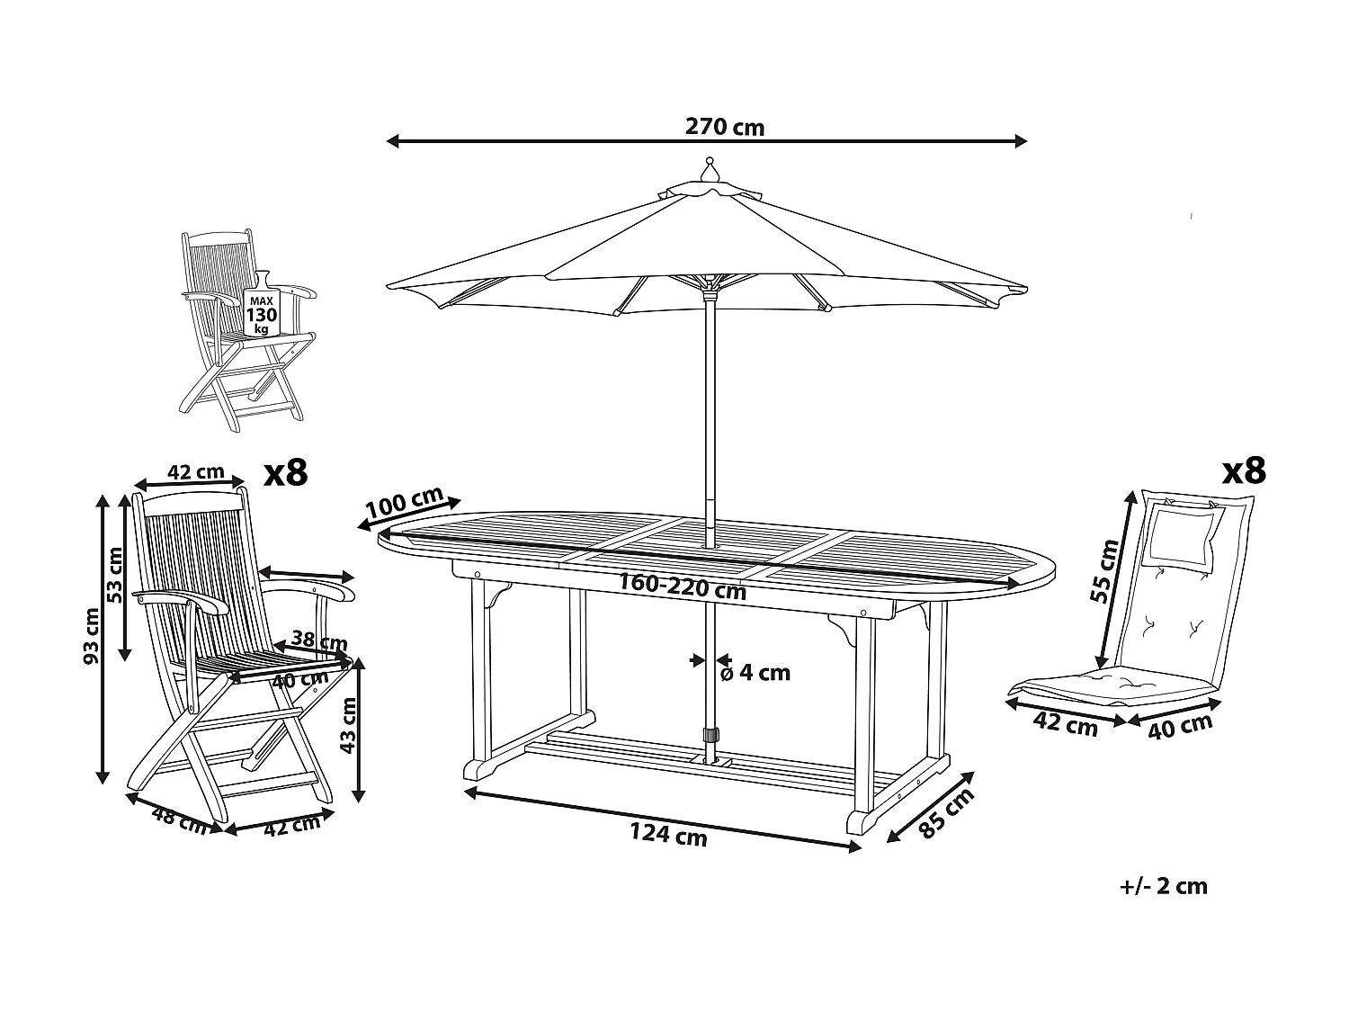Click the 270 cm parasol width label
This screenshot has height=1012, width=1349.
tap(724, 127)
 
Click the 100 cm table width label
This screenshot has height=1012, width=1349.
tap(405, 504)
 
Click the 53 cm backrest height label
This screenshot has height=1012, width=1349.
tap(115, 576)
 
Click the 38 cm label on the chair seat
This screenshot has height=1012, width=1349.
tap(321, 642)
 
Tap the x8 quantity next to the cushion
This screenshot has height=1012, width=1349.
tap(1244, 470)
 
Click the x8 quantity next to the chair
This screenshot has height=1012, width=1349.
tap(285, 471)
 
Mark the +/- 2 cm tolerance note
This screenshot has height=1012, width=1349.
tap(1164, 886)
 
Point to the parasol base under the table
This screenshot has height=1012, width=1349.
tap(711, 760)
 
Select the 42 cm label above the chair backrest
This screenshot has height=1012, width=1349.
tap(197, 471)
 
